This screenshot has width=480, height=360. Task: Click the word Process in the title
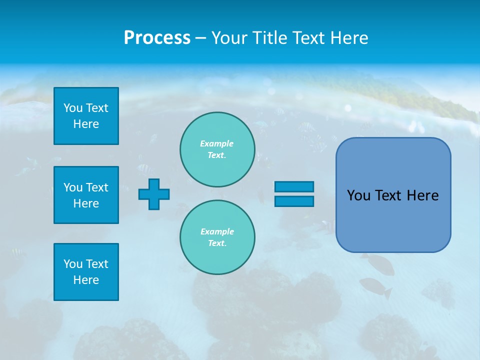click(x=157, y=38)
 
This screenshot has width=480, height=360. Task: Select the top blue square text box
click(x=86, y=116)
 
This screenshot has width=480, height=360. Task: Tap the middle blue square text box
click(x=86, y=195)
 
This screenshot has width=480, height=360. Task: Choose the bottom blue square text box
click(x=86, y=272)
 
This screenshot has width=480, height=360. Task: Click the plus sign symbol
click(x=154, y=194)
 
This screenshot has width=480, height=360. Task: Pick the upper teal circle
click(x=217, y=149)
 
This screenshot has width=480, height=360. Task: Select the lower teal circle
click(x=217, y=237)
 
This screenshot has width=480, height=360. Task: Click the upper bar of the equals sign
click(x=294, y=186)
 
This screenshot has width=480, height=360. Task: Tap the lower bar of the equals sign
click(x=294, y=201)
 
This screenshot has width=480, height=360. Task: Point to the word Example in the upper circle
click(x=217, y=143)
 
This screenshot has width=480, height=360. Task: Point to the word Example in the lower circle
click(x=217, y=231)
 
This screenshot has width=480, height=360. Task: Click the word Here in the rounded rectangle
click(x=422, y=195)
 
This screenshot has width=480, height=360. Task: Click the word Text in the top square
click(x=97, y=108)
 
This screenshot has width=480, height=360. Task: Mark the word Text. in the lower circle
click(x=217, y=243)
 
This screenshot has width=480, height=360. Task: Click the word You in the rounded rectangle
click(x=358, y=195)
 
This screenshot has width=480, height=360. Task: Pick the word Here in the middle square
click(x=86, y=203)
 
